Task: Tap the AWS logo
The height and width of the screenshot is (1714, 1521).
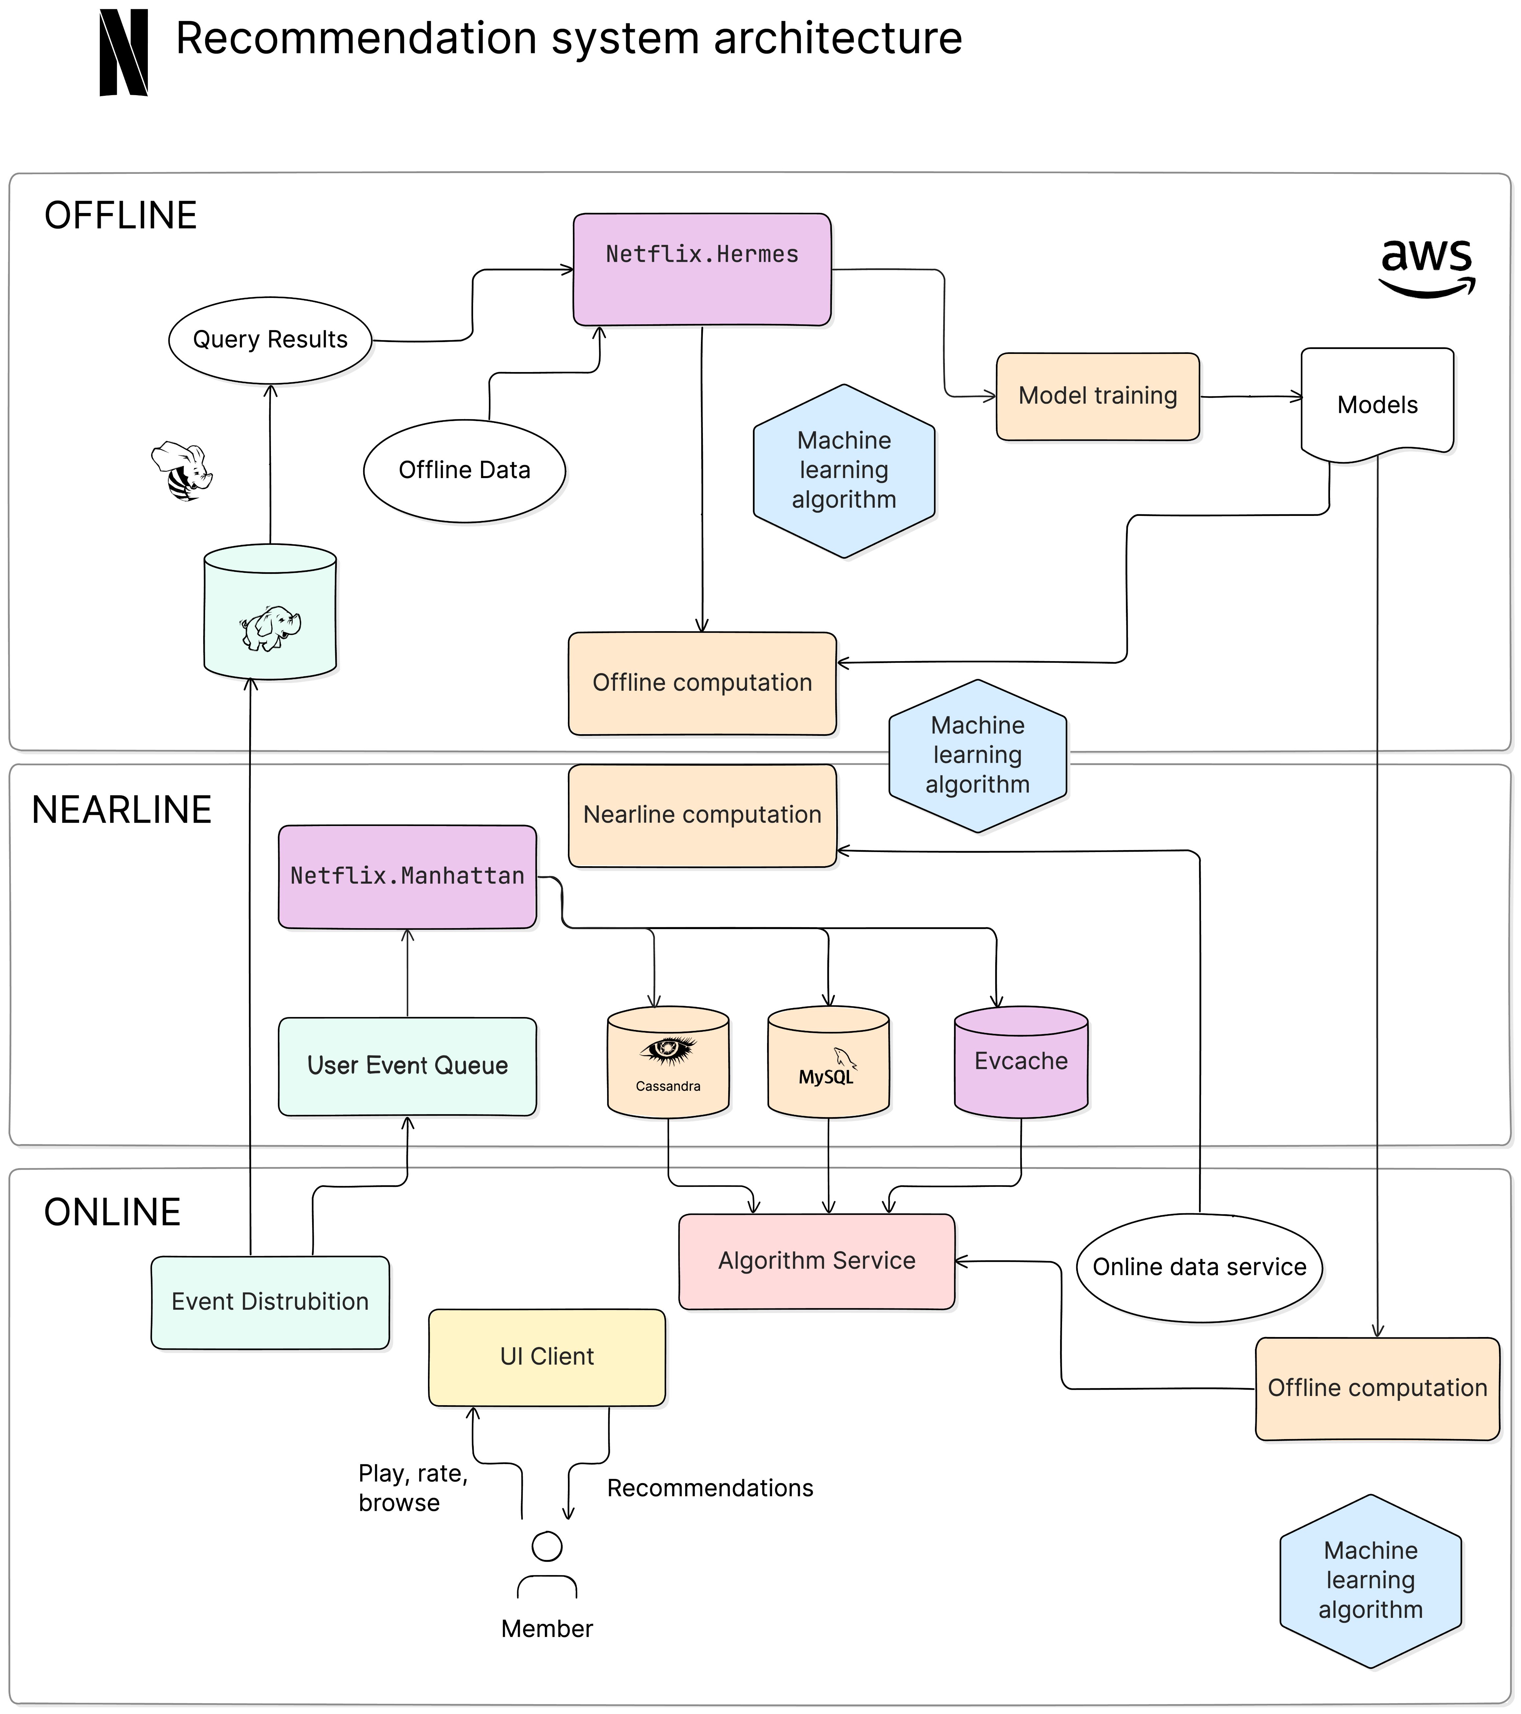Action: (x=1426, y=267)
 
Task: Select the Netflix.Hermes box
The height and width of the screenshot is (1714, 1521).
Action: (x=702, y=269)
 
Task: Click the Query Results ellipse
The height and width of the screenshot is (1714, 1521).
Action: (x=270, y=340)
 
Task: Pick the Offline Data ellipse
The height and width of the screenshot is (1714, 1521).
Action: (x=465, y=470)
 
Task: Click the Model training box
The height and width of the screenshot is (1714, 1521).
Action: (x=1098, y=396)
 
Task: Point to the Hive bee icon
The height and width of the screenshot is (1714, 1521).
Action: (x=182, y=471)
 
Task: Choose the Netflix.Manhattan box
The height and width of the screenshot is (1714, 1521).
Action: (x=408, y=876)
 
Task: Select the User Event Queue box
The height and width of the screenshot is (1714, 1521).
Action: (x=408, y=1066)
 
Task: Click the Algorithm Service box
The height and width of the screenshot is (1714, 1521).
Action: (x=817, y=1261)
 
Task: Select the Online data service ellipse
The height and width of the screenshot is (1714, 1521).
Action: (x=1199, y=1267)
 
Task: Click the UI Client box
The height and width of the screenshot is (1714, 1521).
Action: (x=547, y=1357)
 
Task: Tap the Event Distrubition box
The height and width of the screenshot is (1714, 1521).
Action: (x=270, y=1301)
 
